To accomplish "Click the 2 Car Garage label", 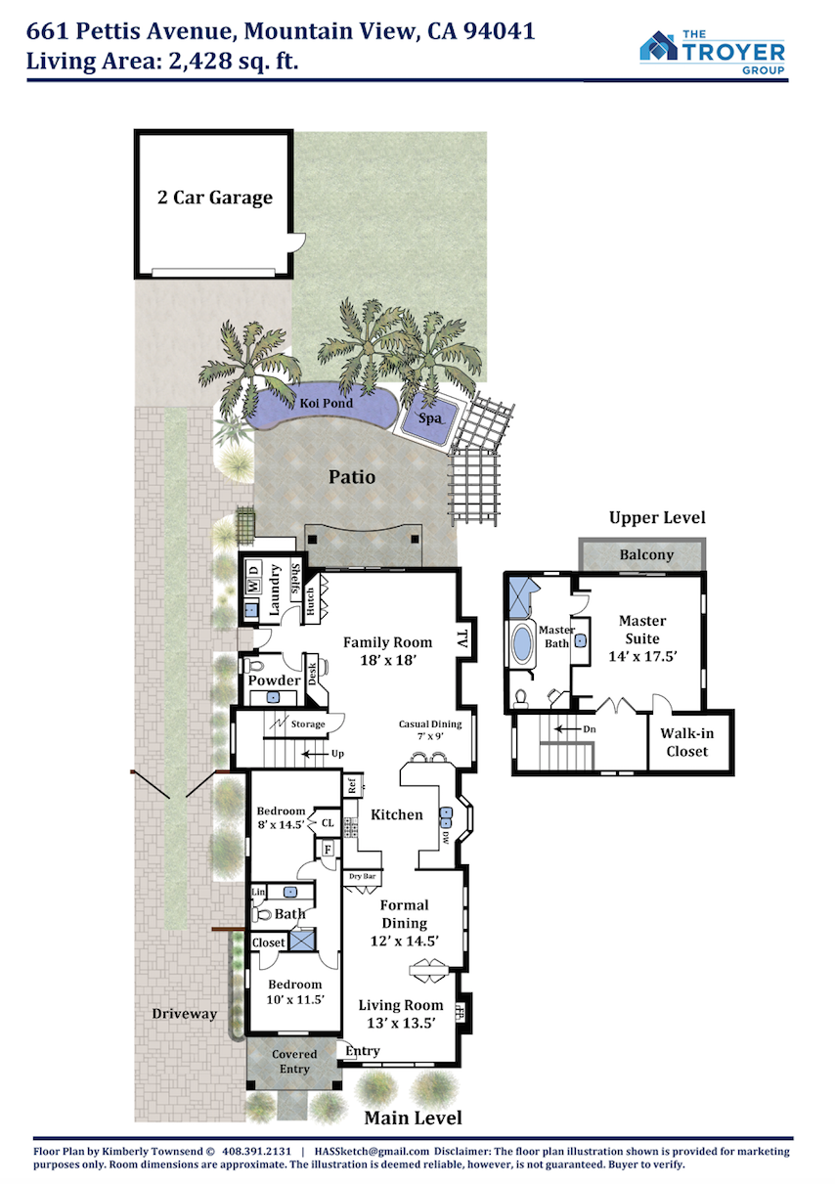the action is [214, 197].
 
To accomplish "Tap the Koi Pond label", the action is [326, 403].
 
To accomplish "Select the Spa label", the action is [429, 418].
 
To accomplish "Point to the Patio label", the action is [352, 477].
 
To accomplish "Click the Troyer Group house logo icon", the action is [658, 46].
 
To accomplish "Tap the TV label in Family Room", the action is [462, 639].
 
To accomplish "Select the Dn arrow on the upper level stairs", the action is [564, 729].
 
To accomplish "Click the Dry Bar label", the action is [362, 876].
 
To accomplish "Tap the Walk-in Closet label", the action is [686, 742].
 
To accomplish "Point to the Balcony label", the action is [646, 554].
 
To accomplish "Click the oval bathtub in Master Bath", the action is [523, 644].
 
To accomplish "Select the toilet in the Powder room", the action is [252, 664].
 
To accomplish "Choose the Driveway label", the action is [185, 1013].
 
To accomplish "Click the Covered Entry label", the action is [294, 1062].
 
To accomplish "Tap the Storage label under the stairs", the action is [308, 724].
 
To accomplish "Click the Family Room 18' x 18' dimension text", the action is [388, 660].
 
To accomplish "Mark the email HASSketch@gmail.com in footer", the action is [372, 1151].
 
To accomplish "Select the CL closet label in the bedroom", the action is [328, 823].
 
